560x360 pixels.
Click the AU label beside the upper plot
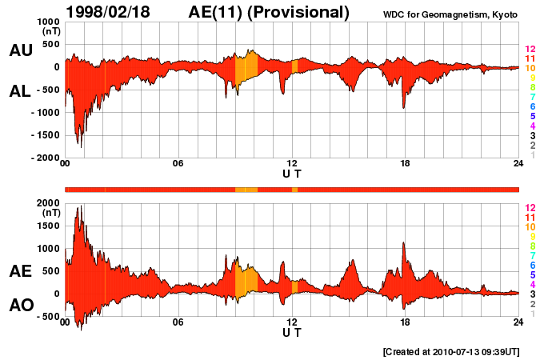tap(21, 50)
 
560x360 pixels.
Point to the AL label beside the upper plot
tap(21, 91)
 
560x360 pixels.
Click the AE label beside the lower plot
tap(21, 271)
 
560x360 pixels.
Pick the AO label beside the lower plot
tap(21, 306)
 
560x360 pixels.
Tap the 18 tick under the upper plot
tap(405, 164)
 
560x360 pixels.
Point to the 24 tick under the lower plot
tap(518, 322)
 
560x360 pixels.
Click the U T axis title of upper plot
tap(292, 174)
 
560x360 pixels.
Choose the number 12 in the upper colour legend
tap(530, 50)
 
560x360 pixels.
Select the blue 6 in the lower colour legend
tap(532, 264)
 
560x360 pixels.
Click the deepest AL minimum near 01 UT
tap(80, 146)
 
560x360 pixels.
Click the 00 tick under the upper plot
tap(66, 164)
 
